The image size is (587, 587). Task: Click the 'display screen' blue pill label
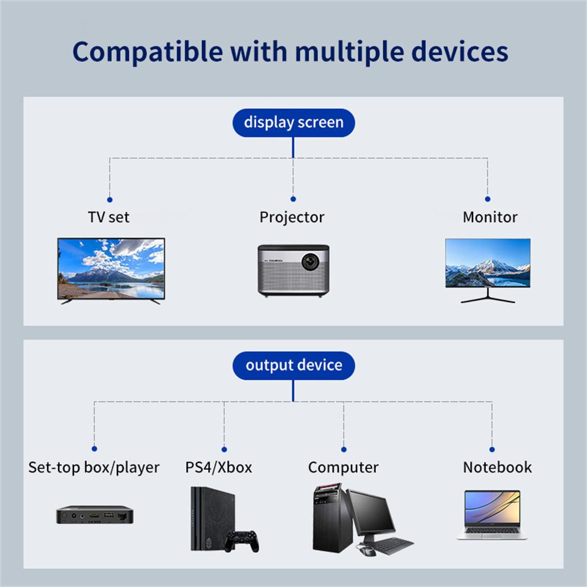click(x=293, y=123)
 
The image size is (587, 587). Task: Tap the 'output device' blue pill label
click(x=293, y=365)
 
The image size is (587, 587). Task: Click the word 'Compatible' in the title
click(x=147, y=51)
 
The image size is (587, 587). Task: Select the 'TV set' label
click(x=109, y=217)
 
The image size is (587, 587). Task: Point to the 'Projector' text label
click(x=292, y=217)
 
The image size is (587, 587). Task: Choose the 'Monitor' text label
click(x=490, y=217)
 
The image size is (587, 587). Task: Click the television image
click(x=111, y=269)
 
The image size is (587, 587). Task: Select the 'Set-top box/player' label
click(x=94, y=467)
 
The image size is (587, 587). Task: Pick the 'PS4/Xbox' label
click(x=218, y=467)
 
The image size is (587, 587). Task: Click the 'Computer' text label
click(x=343, y=467)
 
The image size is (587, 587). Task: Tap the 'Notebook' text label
click(x=497, y=467)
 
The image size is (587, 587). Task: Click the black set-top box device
click(x=95, y=515)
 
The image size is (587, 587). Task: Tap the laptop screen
click(x=492, y=508)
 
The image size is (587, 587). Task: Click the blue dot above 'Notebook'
click(x=492, y=449)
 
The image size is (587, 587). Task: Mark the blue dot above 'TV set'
click(x=110, y=200)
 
